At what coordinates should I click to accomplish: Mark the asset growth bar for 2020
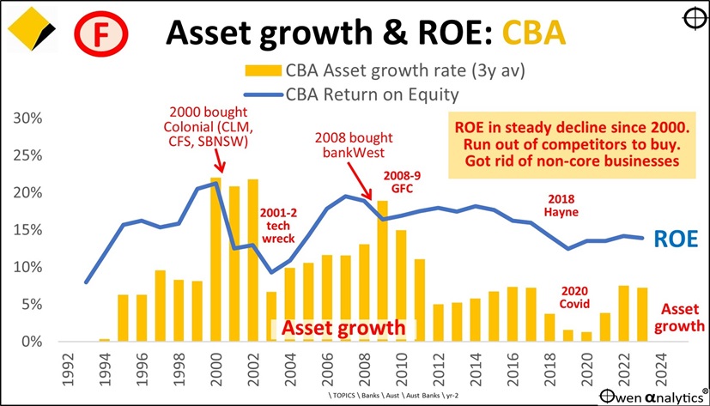[586, 336]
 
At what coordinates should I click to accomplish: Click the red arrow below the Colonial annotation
[218, 161]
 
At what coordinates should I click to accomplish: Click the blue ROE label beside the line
[673, 239]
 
